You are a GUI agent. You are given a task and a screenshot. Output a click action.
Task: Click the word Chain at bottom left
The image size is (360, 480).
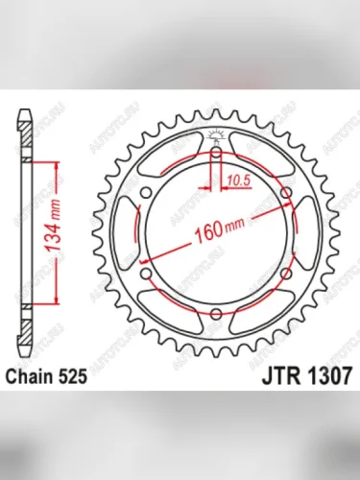point(36,378)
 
